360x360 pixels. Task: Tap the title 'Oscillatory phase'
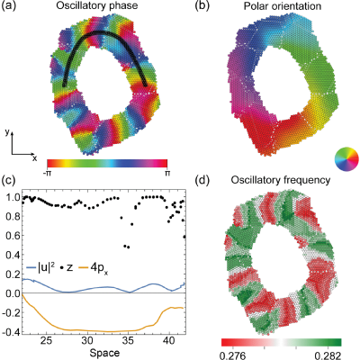(97, 5)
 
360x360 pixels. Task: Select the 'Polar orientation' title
(282, 6)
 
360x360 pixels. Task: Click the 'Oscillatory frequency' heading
(281, 180)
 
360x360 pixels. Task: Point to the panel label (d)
(202, 180)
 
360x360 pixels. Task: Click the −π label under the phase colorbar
(47, 173)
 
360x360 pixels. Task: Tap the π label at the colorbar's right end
(167, 173)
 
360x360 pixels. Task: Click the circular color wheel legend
(346, 158)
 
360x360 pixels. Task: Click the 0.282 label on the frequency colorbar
(328, 355)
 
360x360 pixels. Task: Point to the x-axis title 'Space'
(104, 353)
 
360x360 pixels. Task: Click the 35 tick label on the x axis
(128, 341)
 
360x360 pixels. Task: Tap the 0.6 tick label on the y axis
(13, 236)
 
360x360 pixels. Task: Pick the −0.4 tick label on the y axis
(11, 332)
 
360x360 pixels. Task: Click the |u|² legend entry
(37, 268)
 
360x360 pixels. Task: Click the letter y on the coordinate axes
(8, 132)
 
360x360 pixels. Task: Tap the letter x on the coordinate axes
(34, 158)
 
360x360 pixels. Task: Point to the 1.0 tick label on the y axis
(13, 197)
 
